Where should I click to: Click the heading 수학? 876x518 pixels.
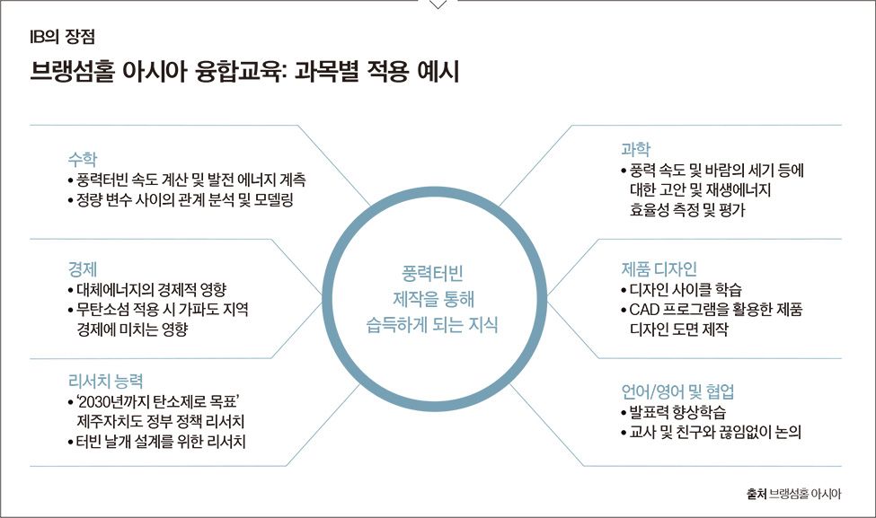coord(82,159)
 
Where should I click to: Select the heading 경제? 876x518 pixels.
coord(82,269)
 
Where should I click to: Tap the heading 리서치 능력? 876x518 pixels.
coord(106,381)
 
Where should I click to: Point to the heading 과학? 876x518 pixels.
coord(636,149)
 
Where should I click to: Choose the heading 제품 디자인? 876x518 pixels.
coord(659,269)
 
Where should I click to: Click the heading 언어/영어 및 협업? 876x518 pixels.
coord(677,391)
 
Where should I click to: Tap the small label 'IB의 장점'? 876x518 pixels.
coord(63,37)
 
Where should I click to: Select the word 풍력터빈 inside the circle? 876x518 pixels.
coord(432,273)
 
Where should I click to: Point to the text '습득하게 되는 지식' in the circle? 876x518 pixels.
coord(432,324)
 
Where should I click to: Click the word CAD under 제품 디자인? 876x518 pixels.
coord(643,309)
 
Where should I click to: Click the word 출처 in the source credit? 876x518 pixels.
coord(756,494)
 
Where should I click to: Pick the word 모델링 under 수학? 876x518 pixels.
coord(274,200)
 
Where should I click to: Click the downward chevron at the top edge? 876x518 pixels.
coord(438,4)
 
